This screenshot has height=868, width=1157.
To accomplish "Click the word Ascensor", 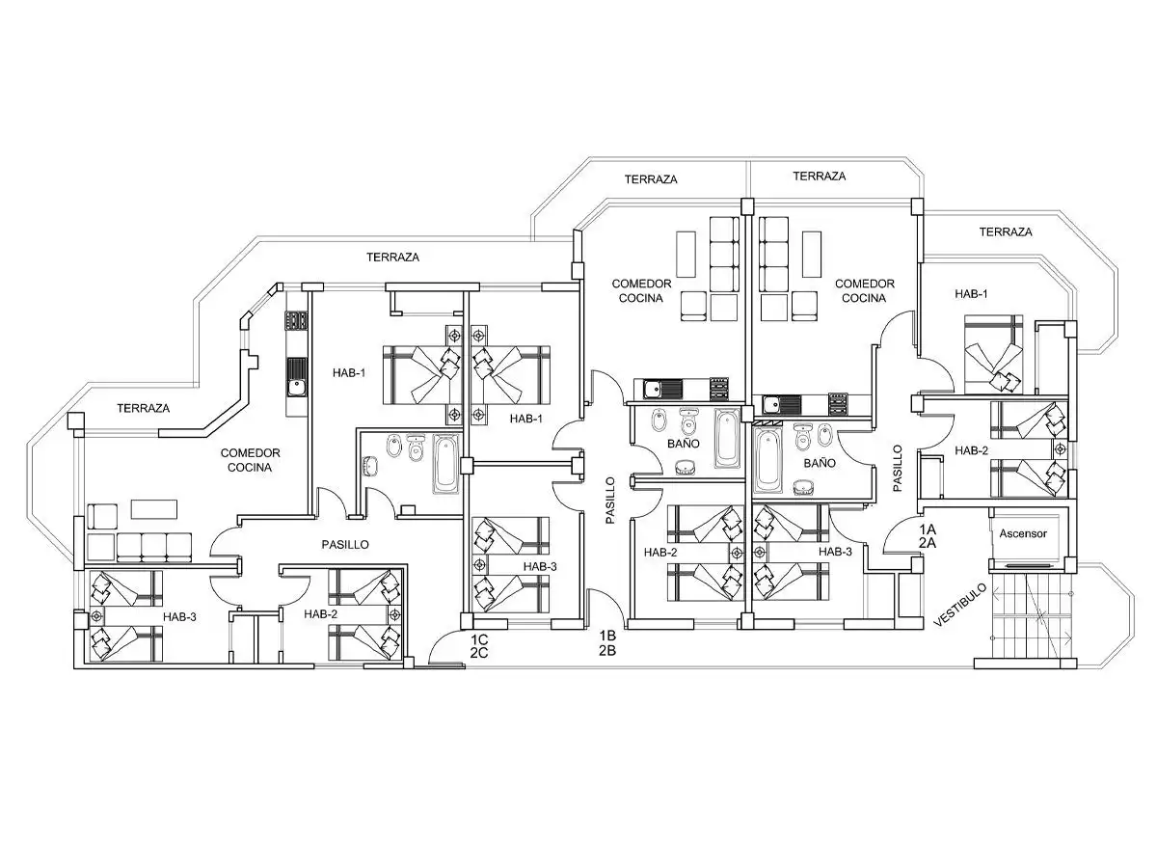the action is click(1023, 533).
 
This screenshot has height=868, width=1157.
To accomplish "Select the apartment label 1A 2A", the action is click(928, 536).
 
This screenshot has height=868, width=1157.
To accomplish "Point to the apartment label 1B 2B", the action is click(607, 643).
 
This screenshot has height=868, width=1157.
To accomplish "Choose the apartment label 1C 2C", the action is click(479, 646).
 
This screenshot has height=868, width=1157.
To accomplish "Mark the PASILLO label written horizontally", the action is click(345, 544).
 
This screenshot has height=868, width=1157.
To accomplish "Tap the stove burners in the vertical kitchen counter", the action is click(296, 320).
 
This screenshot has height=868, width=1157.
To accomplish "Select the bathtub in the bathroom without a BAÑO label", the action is click(445, 464).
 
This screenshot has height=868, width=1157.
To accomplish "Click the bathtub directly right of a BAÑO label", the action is click(727, 439).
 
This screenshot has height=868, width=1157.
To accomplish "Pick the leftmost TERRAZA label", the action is click(144, 408).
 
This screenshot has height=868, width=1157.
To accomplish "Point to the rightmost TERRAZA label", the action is click(1006, 231).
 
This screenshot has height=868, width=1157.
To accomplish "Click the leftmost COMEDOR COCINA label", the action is click(250, 460).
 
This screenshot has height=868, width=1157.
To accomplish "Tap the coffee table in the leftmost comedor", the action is click(154, 509).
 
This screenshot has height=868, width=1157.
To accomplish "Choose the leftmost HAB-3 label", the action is click(179, 616).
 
